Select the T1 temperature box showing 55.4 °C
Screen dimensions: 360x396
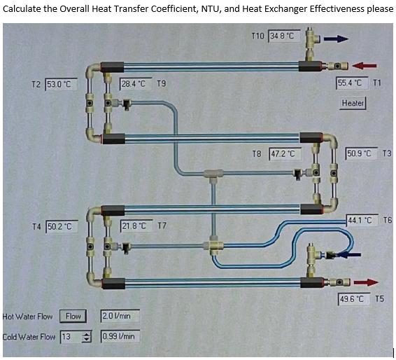[352, 83]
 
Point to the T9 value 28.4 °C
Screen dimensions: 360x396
[133, 84]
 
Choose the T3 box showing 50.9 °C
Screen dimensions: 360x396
[362, 152]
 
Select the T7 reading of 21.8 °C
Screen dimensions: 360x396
[133, 226]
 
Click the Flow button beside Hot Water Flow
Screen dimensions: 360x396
[73, 316]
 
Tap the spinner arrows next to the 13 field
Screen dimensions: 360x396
[87, 337]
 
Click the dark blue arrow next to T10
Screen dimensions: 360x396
[336, 39]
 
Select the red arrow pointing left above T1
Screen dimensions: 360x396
[365, 65]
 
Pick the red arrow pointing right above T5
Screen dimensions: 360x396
[364, 282]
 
